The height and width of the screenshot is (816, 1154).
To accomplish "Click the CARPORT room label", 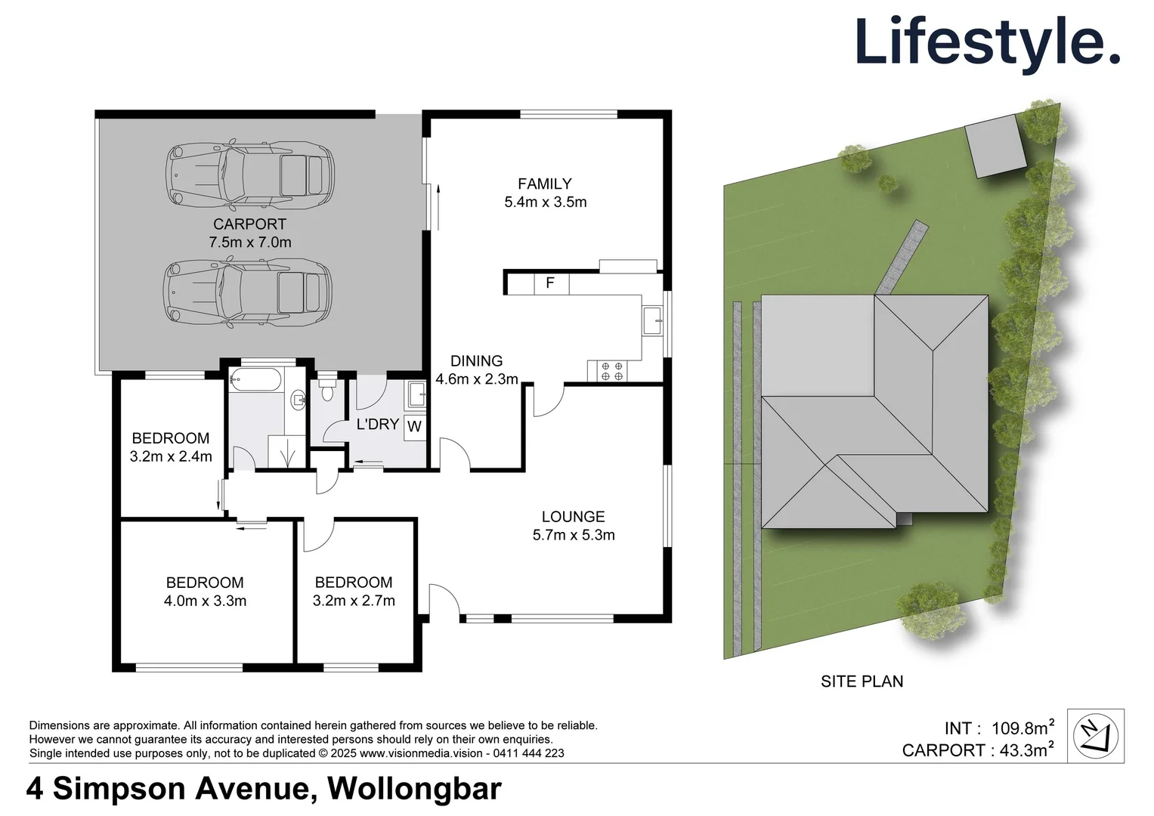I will (249, 224).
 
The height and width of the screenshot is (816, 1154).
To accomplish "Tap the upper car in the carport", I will (250, 175).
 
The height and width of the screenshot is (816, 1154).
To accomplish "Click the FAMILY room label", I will (544, 184).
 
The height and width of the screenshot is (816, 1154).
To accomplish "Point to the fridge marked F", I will (550, 283).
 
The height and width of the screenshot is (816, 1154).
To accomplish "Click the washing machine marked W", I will (414, 426).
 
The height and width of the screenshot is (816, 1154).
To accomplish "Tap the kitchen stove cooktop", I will (611, 371).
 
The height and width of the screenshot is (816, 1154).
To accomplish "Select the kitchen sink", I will (651, 320).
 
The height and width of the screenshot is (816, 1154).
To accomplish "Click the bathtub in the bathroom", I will (255, 379).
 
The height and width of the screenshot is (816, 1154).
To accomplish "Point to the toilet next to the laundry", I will (327, 389).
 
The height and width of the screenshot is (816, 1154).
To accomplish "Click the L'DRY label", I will (377, 424).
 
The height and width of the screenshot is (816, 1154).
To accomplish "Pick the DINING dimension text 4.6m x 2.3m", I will (477, 379).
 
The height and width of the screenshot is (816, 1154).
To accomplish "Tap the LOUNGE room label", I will (573, 517).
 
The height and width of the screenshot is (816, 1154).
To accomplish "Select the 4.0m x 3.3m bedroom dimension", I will (205, 601).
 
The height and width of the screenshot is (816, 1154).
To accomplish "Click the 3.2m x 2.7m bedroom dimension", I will (354, 601).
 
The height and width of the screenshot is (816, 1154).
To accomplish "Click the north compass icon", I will (1095, 735).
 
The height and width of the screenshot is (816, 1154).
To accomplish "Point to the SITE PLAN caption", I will (862, 682).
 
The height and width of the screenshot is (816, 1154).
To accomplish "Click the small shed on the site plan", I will (996, 147).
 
